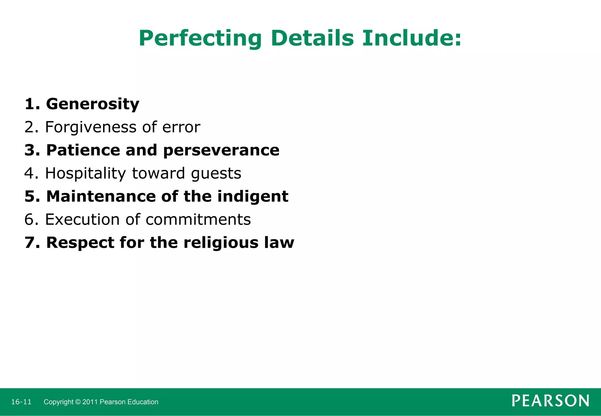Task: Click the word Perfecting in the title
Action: (x=200, y=38)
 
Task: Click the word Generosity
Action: (x=93, y=104)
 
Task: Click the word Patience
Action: (x=83, y=150)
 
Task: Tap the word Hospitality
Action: (x=85, y=173)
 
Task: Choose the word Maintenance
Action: (x=101, y=196)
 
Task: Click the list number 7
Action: (x=30, y=243)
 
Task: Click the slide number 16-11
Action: (x=21, y=402)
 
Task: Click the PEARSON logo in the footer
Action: (x=550, y=401)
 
